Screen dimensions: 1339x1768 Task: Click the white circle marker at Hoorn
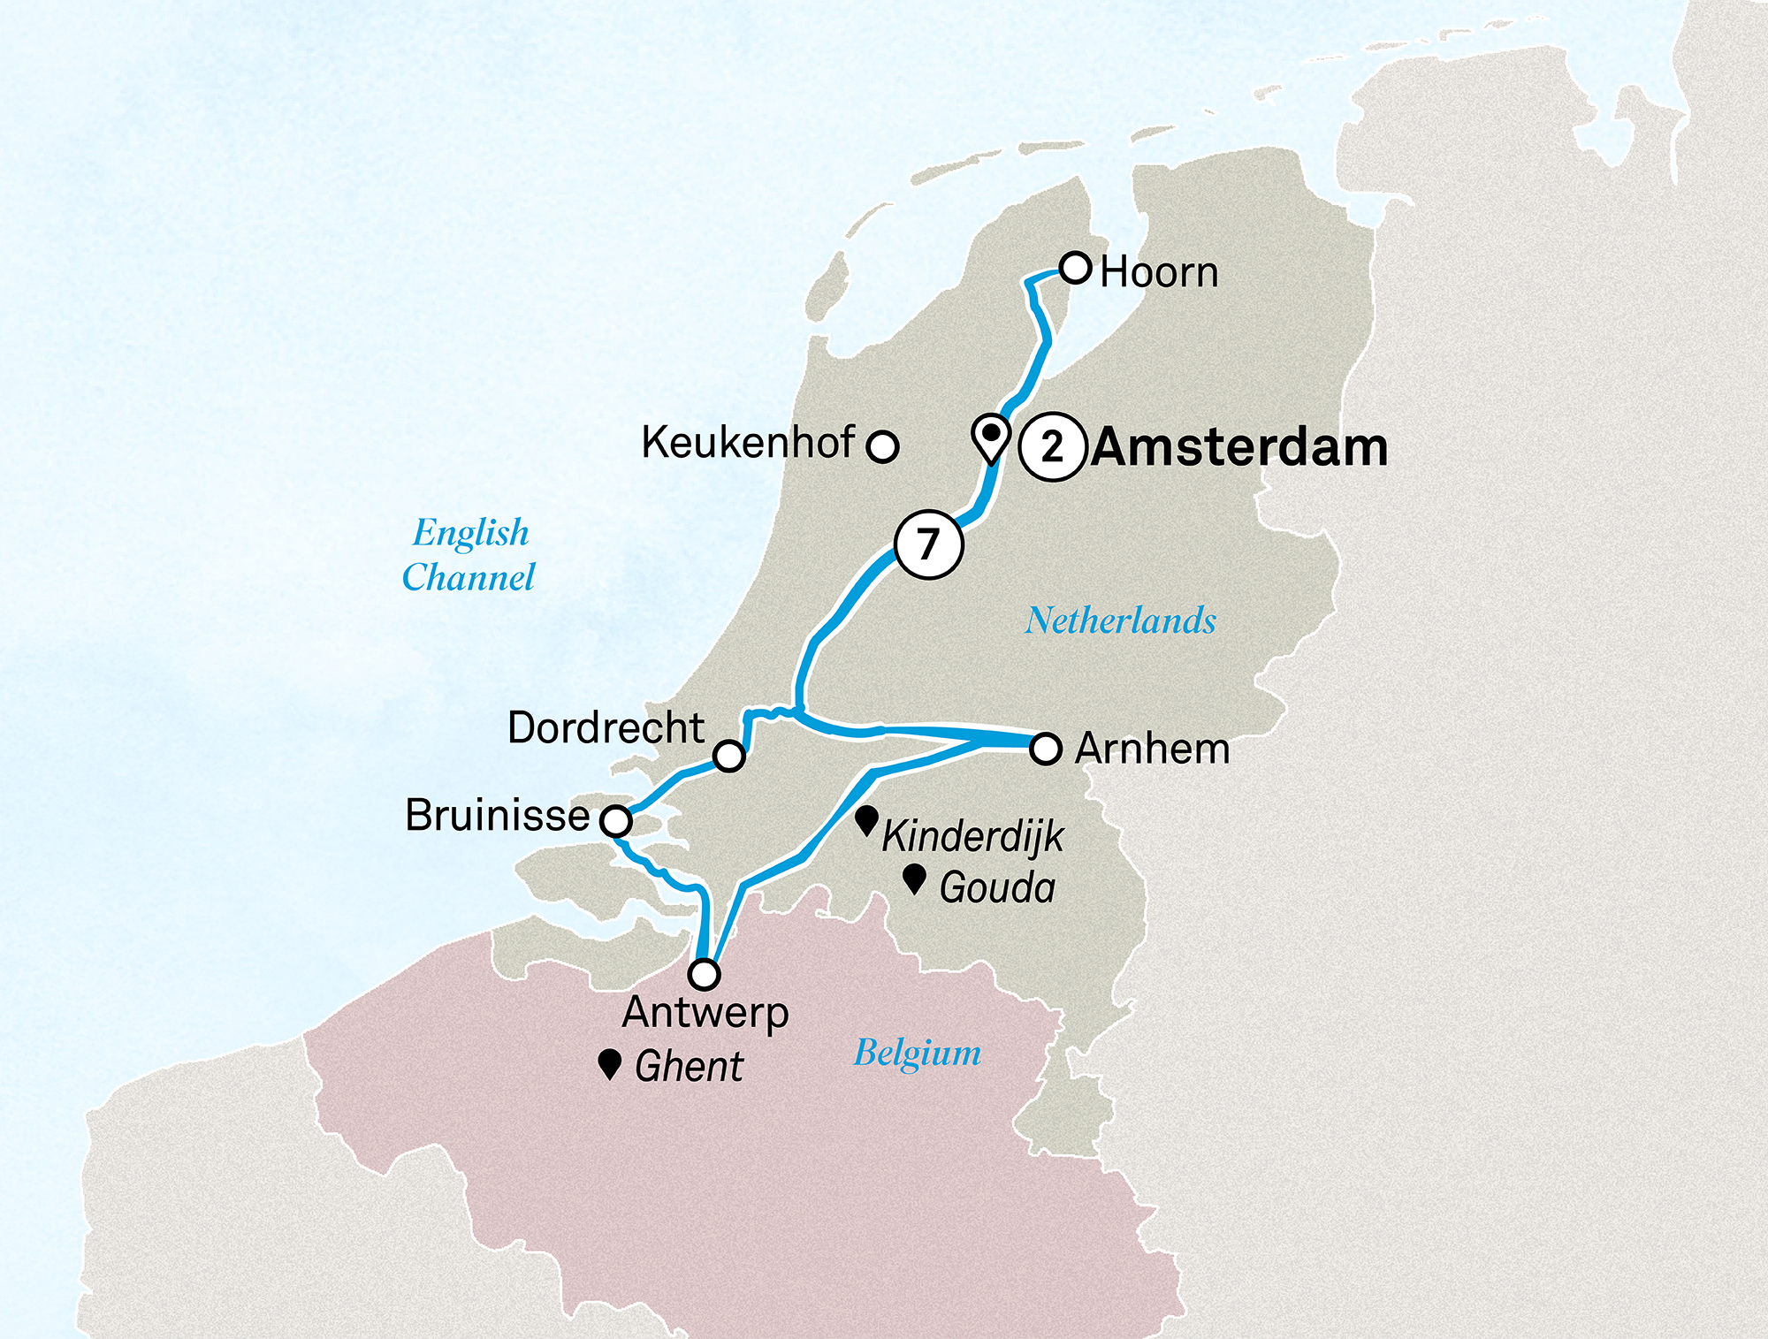coord(1075,267)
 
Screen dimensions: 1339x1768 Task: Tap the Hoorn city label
coord(1159,272)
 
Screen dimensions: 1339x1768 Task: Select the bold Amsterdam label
coord(1239,447)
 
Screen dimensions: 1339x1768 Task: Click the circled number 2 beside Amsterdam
coord(1051,447)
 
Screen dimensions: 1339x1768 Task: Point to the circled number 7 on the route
coord(927,544)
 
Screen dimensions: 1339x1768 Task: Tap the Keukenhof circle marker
coord(882,446)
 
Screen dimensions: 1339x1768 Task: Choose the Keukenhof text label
coord(748,442)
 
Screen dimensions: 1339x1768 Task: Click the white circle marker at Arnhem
coord(1045,749)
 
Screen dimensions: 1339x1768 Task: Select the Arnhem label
coord(1152,749)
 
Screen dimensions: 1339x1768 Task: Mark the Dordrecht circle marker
coord(729,756)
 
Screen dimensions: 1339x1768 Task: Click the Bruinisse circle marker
coord(616,821)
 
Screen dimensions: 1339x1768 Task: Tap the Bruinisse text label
coord(497,815)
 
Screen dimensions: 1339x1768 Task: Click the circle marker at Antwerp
coord(705,974)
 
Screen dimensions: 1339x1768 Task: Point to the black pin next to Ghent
coord(609,1063)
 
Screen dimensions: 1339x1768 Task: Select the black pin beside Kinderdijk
coord(867,820)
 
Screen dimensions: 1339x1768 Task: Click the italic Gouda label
coord(997,887)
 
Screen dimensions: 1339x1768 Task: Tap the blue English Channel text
coord(469,554)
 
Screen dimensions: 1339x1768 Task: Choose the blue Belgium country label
coord(917,1054)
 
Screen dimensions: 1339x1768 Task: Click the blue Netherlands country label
coord(1120,620)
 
